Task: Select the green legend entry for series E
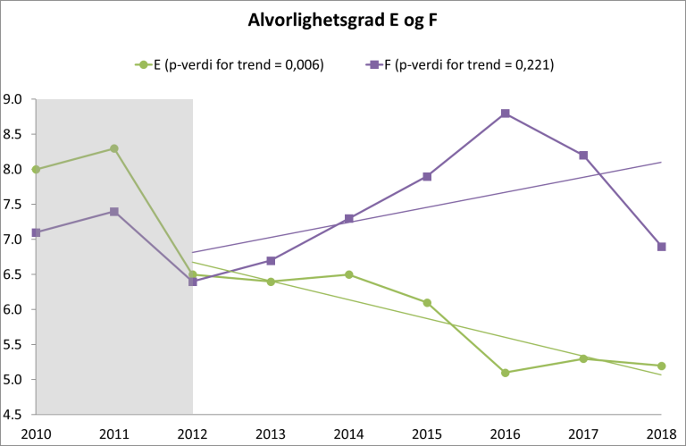pyautogui.click(x=229, y=64)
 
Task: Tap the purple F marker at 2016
pyautogui.click(x=506, y=114)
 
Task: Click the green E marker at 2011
pyautogui.click(x=114, y=148)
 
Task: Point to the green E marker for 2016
pyautogui.click(x=506, y=373)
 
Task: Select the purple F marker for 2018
pyautogui.click(x=662, y=247)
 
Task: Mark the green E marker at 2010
pyautogui.click(x=36, y=170)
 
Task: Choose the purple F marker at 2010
pyautogui.click(x=36, y=232)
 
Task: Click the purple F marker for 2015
pyautogui.click(x=427, y=177)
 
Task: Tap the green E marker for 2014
pyautogui.click(x=349, y=274)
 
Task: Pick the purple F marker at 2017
pyautogui.click(x=583, y=156)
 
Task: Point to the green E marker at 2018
pyautogui.click(x=662, y=366)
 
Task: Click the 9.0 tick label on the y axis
pyautogui.click(x=15, y=99)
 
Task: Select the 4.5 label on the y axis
pyautogui.click(x=15, y=415)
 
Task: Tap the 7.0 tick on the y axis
pyautogui.click(x=15, y=240)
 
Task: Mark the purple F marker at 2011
pyautogui.click(x=114, y=212)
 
